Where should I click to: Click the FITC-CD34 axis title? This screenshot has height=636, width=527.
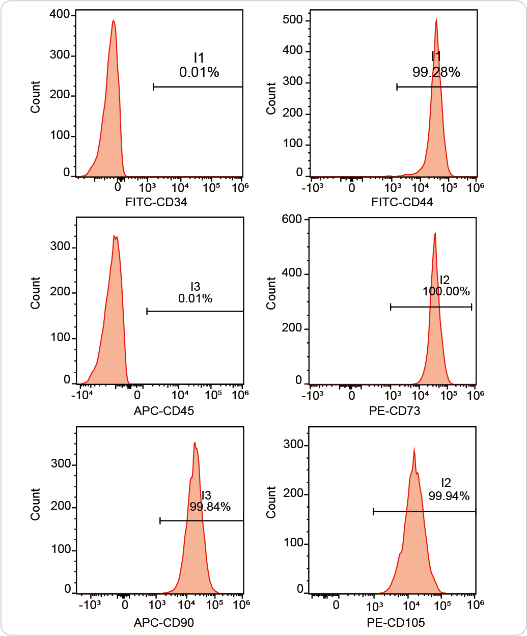156,202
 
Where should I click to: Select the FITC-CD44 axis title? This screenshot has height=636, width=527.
402,202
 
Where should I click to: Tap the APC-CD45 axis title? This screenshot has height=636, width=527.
164,411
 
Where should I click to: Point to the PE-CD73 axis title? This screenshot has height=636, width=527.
395,411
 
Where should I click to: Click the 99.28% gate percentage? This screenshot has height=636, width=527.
436,72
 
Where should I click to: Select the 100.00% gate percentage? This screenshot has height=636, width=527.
446,291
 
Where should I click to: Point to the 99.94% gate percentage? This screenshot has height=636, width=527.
449,496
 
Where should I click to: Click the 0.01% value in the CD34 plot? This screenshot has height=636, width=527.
199,72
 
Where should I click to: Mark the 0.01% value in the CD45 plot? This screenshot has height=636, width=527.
195,298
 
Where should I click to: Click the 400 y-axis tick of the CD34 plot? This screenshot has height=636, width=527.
60,14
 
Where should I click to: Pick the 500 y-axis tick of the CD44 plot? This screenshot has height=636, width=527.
292,20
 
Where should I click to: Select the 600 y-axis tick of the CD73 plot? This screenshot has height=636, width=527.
292,219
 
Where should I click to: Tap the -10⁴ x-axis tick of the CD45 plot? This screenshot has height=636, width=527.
82,395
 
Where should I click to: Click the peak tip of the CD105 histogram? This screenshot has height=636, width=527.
414,448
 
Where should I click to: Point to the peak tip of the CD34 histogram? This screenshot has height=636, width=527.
114,20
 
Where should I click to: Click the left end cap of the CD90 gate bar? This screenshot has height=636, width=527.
160,521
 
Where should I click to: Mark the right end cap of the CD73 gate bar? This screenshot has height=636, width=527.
471,307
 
